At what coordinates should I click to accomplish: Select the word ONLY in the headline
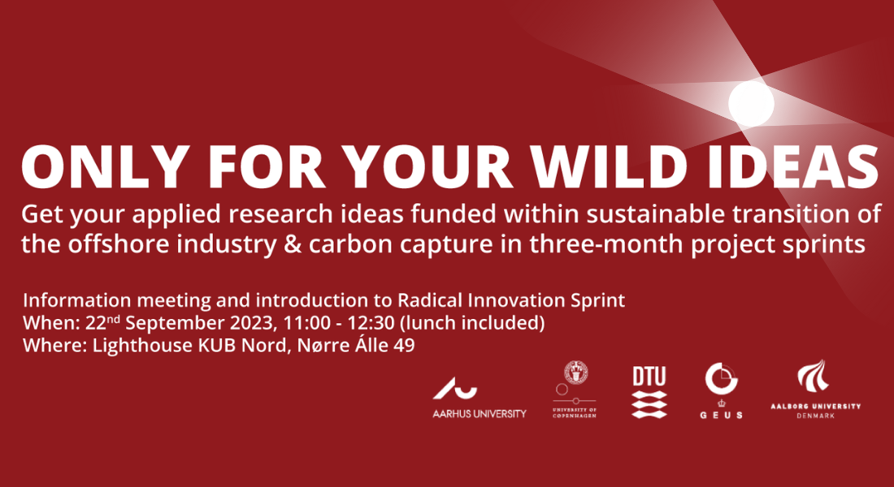point(105,167)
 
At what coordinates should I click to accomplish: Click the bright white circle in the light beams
point(752,104)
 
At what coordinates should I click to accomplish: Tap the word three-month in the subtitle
point(606,244)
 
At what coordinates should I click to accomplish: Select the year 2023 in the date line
point(253,323)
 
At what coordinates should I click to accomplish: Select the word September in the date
point(175,324)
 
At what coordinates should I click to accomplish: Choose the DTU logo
point(649,393)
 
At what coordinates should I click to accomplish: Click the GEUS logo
point(721,390)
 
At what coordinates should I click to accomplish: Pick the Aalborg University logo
point(815,389)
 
